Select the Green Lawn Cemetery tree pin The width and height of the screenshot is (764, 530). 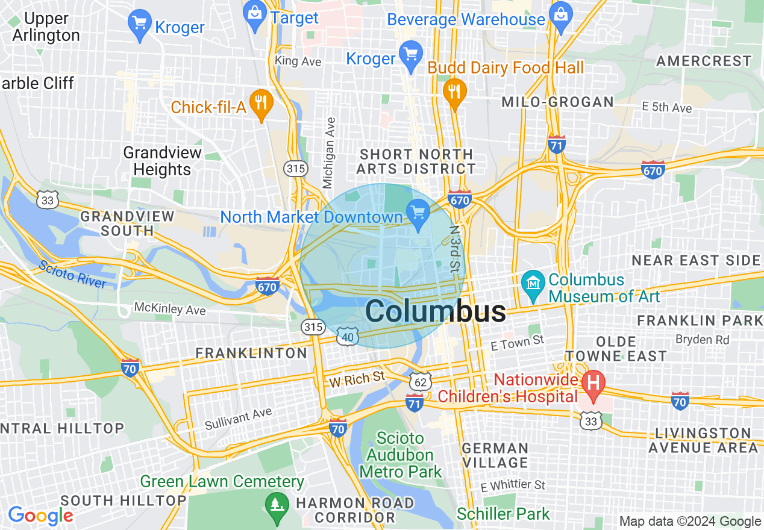click(276, 503)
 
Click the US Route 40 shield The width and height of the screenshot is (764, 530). click(348, 337)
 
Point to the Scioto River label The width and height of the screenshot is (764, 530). click(72, 274)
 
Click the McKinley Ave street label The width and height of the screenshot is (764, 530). click(170, 310)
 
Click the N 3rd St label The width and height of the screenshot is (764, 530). click(455, 248)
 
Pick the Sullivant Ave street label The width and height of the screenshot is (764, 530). click(238, 419)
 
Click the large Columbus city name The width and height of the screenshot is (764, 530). click(436, 311)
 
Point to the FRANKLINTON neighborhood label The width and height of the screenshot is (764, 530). click(251, 353)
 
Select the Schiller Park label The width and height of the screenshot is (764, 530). click(503, 514)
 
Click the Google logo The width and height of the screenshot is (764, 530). click(40, 516)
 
